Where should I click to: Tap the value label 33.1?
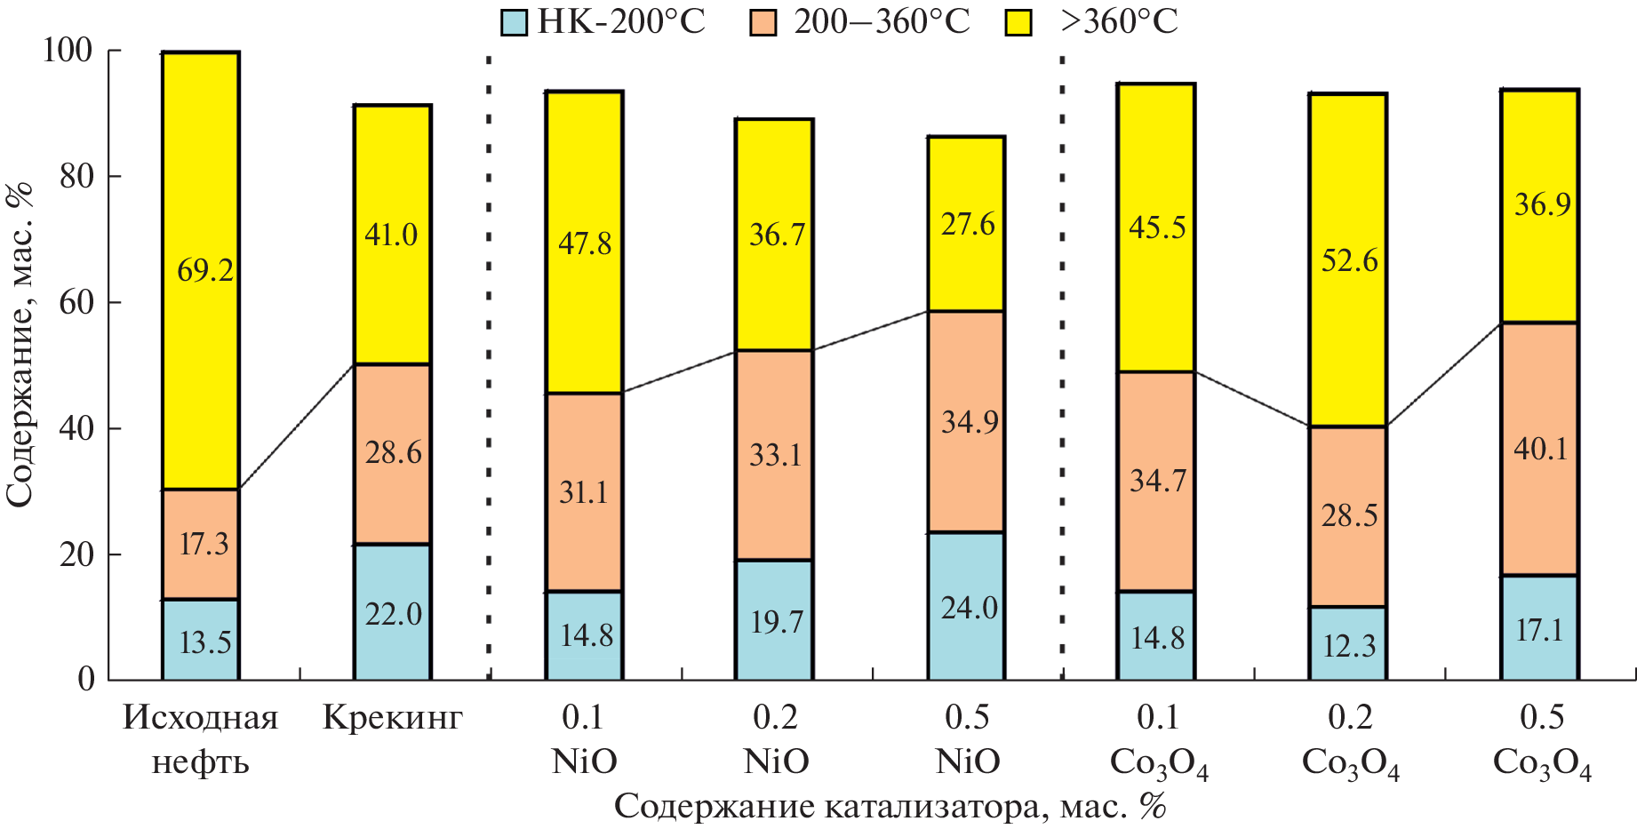pyautogui.click(x=775, y=455)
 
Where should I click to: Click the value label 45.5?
pyautogui.click(x=1157, y=227)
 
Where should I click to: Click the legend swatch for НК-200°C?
pyautogui.click(x=515, y=22)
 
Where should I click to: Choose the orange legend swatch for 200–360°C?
pyautogui.click(x=763, y=22)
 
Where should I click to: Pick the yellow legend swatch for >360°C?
pyautogui.click(x=1018, y=22)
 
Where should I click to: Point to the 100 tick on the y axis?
pyautogui.click(x=68, y=51)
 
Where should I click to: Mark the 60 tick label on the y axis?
pyautogui.click(x=76, y=303)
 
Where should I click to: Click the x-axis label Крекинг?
pyautogui.click(x=392, y=718)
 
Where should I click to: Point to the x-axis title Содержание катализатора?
pyautogui.click(x=889, y=807)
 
